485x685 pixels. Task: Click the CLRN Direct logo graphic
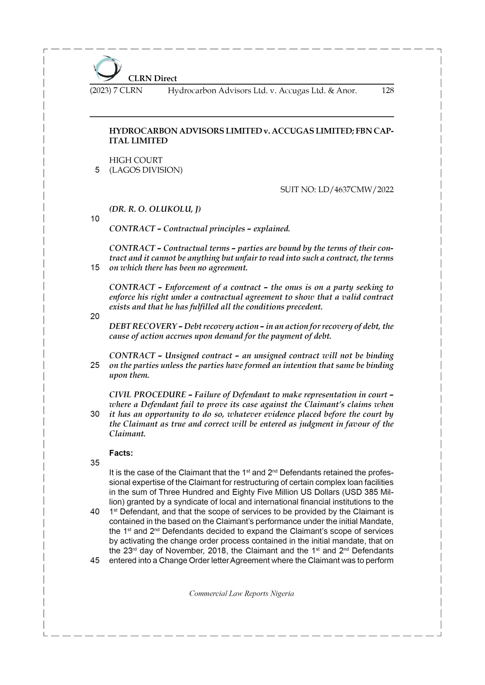(107, 68)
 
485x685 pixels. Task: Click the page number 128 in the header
(387, 90)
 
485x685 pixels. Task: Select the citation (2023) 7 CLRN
(116, 90)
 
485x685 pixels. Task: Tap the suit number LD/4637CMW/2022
(356, 189)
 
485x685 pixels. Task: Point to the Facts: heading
(121, 453)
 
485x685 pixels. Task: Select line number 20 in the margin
(95, 317)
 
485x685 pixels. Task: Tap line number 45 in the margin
(95, 561)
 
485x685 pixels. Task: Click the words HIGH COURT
(136, 160)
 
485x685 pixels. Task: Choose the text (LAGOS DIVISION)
(145, 170)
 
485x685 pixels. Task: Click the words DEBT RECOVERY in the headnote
(143, 326)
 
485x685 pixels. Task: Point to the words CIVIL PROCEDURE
(147, 395)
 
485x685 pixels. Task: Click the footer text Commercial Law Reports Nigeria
(241, 594)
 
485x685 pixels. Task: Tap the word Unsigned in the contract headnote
(182, 356)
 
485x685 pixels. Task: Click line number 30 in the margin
(95, 414)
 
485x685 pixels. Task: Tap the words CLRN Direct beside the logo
(152, 78)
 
